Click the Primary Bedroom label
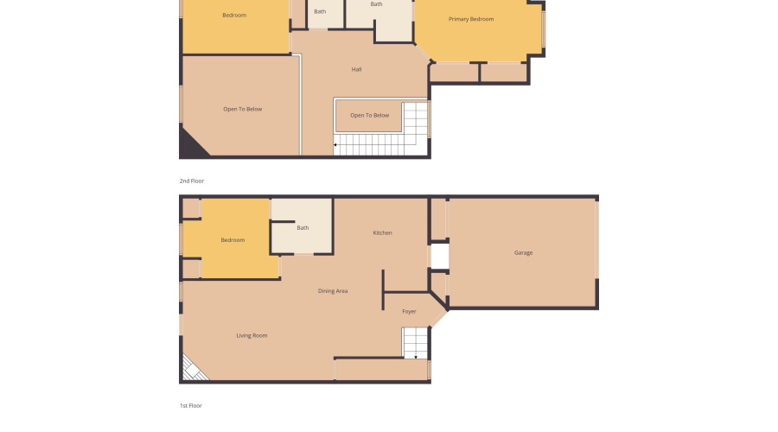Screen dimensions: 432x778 point(471,19)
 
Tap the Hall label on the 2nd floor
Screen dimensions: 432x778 point(356,69)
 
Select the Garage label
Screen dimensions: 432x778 point(523,253)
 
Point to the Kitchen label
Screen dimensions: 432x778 point(383,233)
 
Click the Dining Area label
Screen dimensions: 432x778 point(333,291)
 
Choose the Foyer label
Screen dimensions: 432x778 point(409,311)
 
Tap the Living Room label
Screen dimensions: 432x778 point(252,335)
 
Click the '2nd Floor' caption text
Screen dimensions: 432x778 point(192,181)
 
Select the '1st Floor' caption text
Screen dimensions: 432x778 point(191,404)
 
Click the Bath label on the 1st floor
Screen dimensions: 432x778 point(303,228)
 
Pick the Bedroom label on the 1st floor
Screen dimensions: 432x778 point(233,240)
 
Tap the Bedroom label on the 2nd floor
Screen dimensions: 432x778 point(234,16)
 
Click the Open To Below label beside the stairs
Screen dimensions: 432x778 point(369,115)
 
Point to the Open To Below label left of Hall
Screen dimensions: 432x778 point(242,109)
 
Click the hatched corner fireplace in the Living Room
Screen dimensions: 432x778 point(191,370)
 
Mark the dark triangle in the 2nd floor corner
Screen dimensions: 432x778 point(189,145)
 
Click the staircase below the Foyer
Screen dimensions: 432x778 point(415,343)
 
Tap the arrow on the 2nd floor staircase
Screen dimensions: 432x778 point(336,145)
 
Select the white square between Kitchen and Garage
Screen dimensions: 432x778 point(439,256)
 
